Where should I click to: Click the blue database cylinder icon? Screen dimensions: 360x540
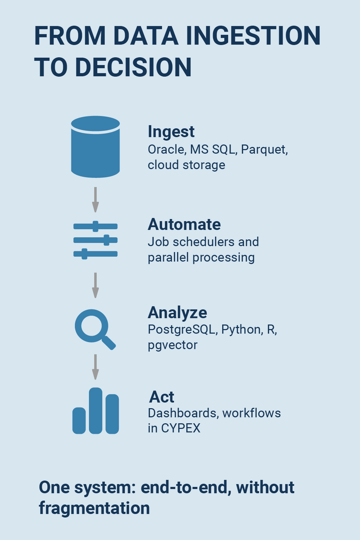pyautogui.click(x=96, y=147)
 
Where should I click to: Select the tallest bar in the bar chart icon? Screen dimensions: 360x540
pyautogui.click(x=96, y=411)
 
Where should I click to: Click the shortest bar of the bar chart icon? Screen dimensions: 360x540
pyautogui.click(x=79, y=421)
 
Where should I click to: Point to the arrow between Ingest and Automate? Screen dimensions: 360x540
pyautogui.click(x=96, y=200)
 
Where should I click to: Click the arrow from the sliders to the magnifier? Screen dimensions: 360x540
pyautogui.click(x=96, y=285)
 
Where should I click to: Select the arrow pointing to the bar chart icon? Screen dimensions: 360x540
pyautogui.click(x=96, y=367)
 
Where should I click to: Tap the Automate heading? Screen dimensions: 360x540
pyautogui.click(x=184, y=224)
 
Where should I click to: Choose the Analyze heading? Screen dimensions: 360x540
pyautogui.click(x=178, y=313)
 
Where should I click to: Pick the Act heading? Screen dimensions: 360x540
pyautogui.click(x=162, y=397)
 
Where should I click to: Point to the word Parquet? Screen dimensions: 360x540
pyautogui.click(x=264, y=150)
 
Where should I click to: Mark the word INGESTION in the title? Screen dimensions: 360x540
pyautogui.click(x=253, y=36)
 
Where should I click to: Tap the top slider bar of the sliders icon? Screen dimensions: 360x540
pyautogui.click(x=96, y=226)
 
